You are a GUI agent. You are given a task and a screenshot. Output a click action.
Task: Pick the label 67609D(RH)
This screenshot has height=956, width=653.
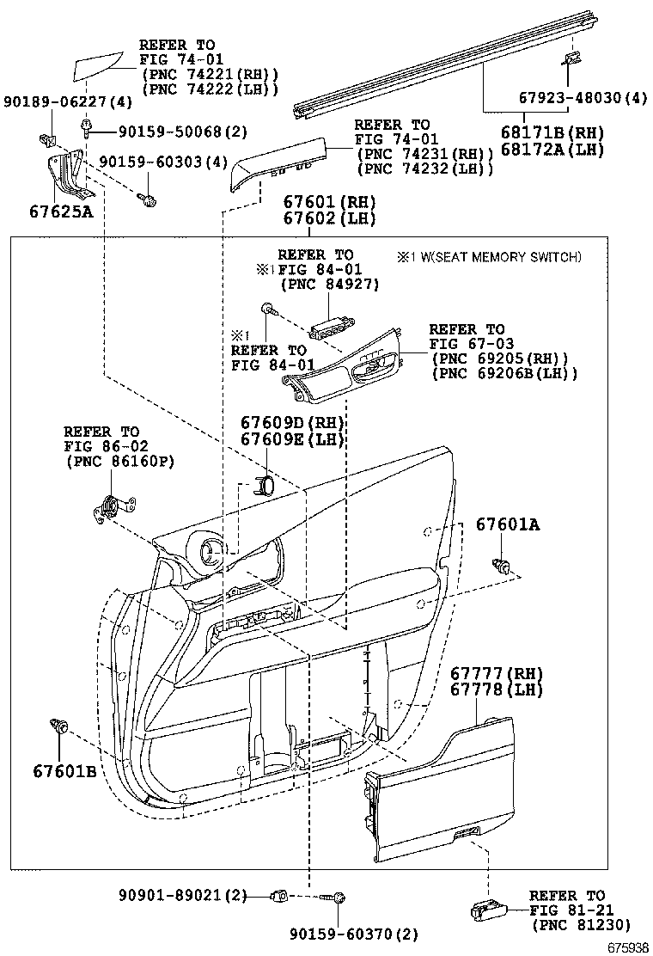click(x=292, y=423)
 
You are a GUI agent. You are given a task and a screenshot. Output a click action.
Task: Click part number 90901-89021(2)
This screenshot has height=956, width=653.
click(x=182, y=897)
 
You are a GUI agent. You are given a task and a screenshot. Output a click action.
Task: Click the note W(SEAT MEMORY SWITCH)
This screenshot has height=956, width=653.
click(x=497, y=256)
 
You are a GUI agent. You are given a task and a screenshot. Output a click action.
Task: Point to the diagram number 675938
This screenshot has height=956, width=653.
click(x=628, y=947)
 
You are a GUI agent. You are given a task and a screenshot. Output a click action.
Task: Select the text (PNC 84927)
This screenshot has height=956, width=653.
click(x=328, y=285)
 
